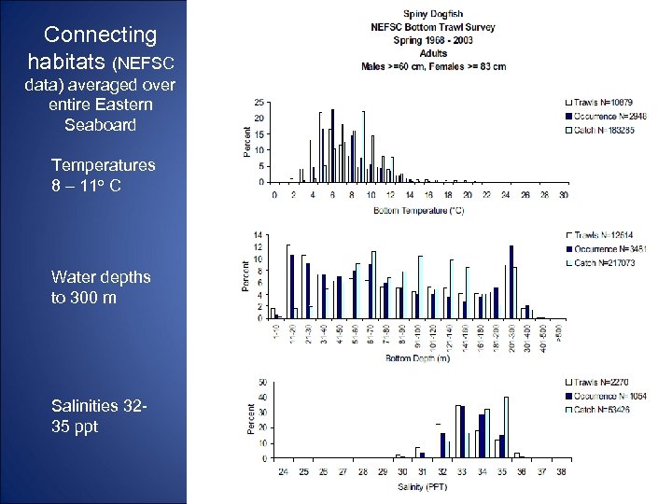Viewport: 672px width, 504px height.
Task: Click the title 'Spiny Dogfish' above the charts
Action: pyautogui.click(x=436, y=14)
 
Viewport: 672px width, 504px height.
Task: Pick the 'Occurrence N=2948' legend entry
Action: pyautogui.click(x=606, y=116)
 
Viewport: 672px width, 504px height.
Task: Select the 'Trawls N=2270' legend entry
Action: pyautogui.click(x=603, y=382)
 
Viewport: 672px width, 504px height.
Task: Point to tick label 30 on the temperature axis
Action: pyautogui.click(x=564, y=196)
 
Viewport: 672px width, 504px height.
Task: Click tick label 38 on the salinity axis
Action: pyautogui.click(x=561, y=472)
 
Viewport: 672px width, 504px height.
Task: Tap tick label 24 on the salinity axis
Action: pyautogui.click(x=283, y=472)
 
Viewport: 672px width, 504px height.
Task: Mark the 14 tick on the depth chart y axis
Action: pyautogui.click(x=258, y=233)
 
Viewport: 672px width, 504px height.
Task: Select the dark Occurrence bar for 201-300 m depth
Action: pyautogui.click(x=511, y=282)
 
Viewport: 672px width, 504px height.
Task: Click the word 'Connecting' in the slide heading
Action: pyautogui.click(x=101, y=35)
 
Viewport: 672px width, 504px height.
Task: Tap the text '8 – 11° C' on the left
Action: pyautogui.click(x=86, y=185)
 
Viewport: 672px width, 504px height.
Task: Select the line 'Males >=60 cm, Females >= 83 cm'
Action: pyautogui.click(x=435, y=66)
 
